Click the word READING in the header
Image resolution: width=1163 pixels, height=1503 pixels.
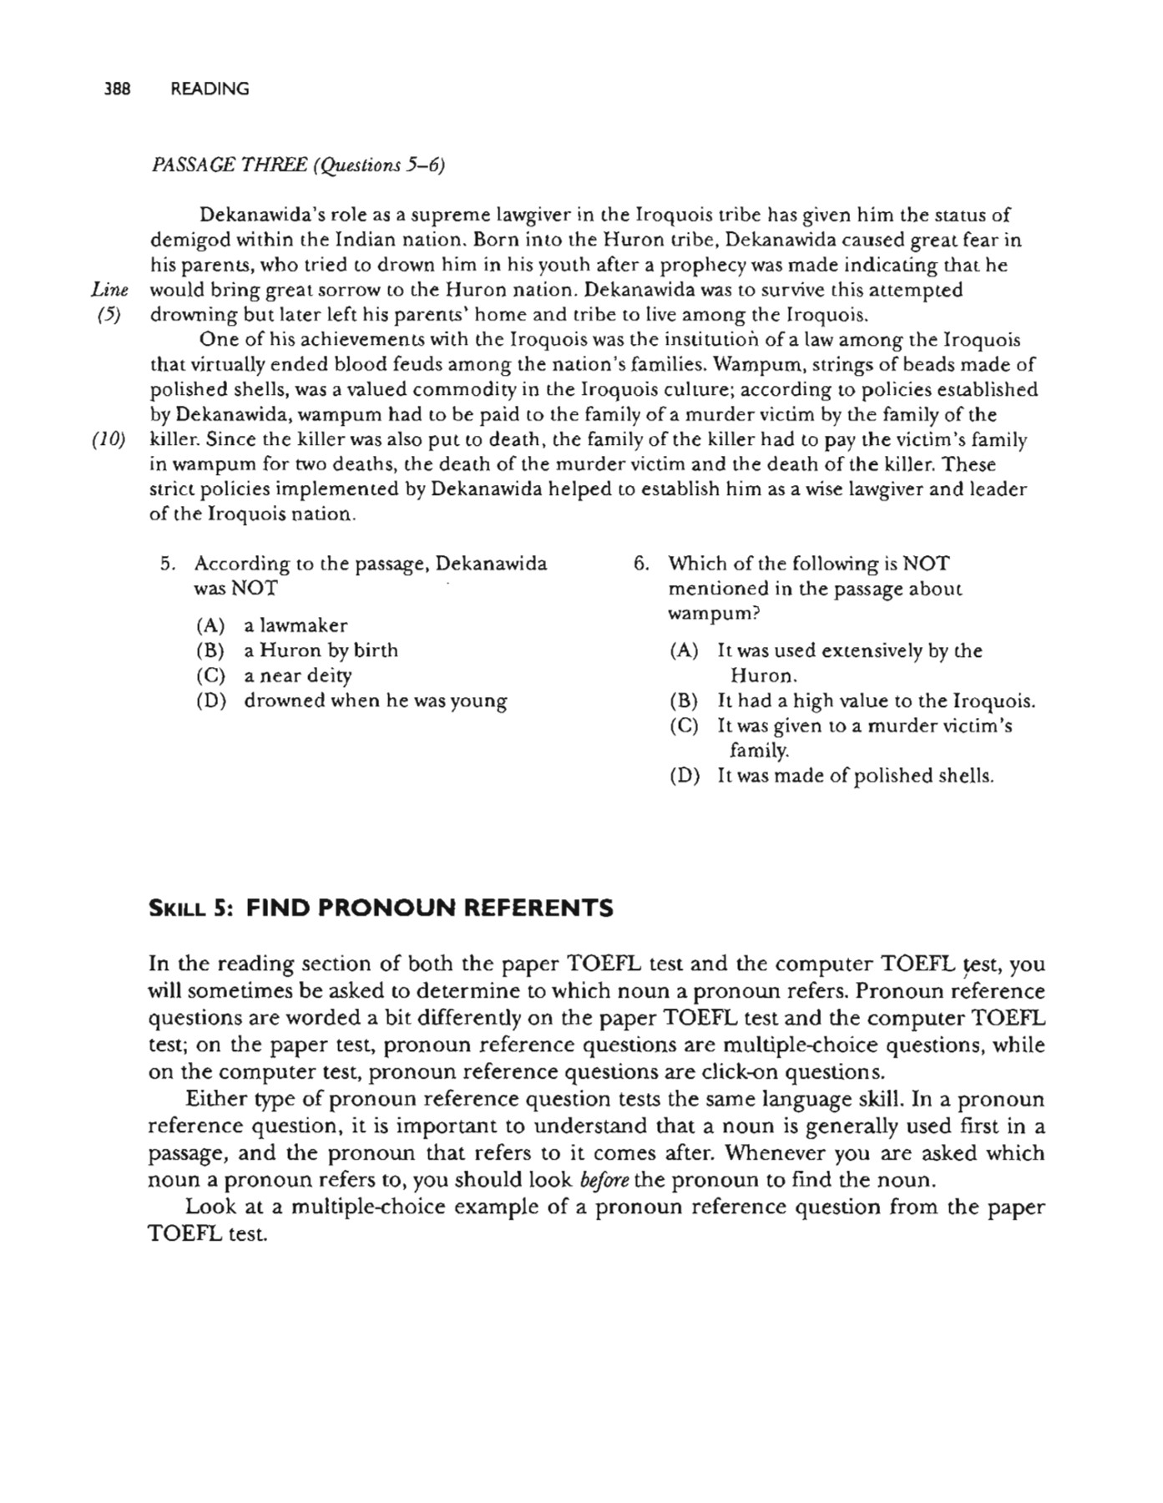(210, 89)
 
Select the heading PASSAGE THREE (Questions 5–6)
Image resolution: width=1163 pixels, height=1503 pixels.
(297, 165)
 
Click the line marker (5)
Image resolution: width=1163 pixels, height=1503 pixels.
(109, 316)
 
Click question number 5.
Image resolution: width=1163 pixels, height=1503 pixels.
(167, 564)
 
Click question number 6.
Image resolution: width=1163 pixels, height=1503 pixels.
(640, 564)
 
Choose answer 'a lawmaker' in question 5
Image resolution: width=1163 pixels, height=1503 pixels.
(295, 625)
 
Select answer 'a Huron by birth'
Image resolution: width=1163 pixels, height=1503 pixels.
(321, 650)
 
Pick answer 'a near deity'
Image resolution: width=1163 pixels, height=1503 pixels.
(297, 676)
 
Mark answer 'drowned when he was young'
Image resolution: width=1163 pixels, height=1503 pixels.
(375, 701)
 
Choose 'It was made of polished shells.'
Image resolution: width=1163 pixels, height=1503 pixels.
(855, 776)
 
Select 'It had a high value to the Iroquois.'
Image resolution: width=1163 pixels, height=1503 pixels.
(876, 701)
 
